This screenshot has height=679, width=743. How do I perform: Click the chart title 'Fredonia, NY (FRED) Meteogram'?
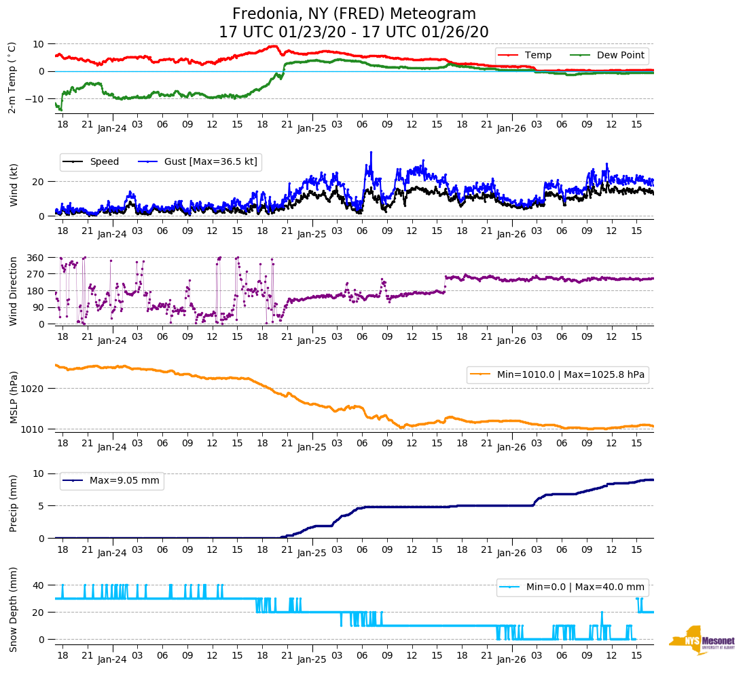(x=354, y=14)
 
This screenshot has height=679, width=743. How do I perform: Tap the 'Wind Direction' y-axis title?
(x=14, y=290)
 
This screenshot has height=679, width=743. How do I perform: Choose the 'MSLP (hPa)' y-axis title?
(x=14, y=397)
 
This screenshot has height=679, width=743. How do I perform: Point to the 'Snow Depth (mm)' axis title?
(x=14, y=609)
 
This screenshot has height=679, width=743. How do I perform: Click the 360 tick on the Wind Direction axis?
(x=35, y=258)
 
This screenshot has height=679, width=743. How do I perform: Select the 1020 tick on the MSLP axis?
(x=33, y=389)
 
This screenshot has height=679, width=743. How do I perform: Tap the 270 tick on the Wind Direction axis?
(x=35, y=274)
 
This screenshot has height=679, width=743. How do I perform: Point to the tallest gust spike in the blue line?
(x=371, y=152)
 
